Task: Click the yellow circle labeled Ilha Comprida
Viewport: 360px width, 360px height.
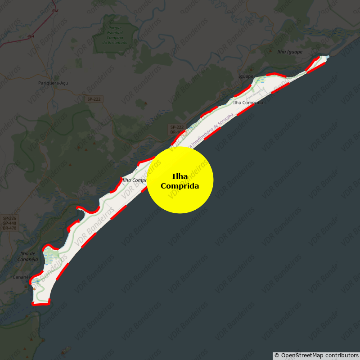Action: [180, 180]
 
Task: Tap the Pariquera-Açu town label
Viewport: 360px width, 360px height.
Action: [53, 83]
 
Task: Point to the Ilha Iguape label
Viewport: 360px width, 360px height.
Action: [290, 52]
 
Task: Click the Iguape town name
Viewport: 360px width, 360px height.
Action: [246, 76]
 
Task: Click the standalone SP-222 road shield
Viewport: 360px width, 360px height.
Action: [94, 99]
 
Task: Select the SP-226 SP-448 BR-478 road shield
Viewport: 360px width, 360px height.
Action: [9, 223]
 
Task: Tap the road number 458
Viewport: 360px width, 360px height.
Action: [55, 10]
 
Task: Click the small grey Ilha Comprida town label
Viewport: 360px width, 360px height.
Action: [248, 103]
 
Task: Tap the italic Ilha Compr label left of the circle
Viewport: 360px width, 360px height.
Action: [135, 180]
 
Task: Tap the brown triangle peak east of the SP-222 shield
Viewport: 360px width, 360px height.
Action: [145, 103]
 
